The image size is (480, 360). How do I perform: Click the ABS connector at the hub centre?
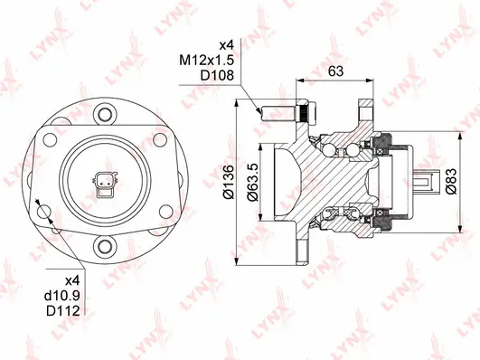[x=106, y=184]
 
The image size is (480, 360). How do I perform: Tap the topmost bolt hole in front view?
[x=107, y=115]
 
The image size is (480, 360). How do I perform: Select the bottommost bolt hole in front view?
[x=107, y=247]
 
